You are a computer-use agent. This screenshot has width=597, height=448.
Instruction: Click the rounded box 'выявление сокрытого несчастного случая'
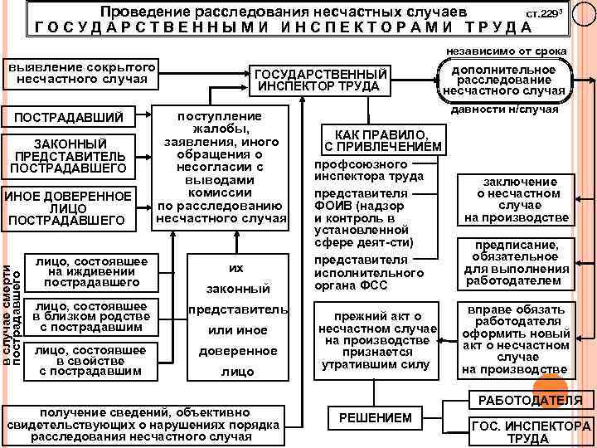coord(82,74)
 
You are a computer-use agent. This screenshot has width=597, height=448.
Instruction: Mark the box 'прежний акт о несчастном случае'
coord(382,340)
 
